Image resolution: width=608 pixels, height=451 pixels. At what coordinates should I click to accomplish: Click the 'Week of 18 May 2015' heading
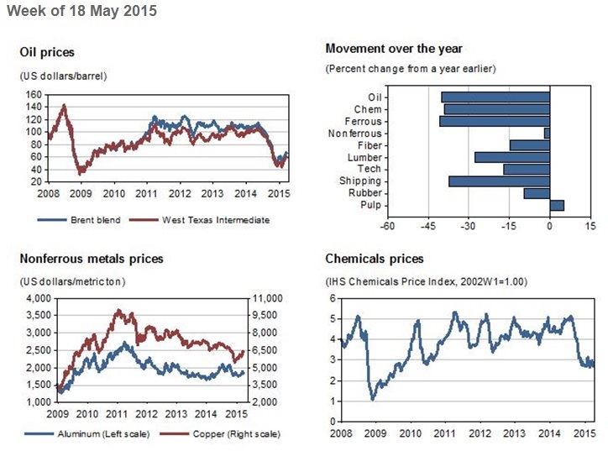point(81,12)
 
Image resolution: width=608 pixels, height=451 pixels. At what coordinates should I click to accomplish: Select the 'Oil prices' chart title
point(46,53)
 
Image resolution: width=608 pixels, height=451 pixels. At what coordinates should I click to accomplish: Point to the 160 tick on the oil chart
point(32,95)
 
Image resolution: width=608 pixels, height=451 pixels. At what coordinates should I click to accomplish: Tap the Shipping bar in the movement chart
point(499,181)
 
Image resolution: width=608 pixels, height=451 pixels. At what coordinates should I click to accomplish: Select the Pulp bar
point(556,205)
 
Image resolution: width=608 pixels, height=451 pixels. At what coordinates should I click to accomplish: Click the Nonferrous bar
point(547,133)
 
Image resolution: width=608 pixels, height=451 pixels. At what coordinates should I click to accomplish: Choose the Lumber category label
point(364,157)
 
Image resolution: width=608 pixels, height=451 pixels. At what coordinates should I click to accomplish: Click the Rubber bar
point(536,193)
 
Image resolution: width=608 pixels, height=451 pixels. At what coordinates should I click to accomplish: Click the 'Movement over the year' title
point(393,49)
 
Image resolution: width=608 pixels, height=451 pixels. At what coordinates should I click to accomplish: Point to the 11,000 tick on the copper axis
point(267,298)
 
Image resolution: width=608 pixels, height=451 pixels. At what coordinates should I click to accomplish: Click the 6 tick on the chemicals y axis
point(333,298)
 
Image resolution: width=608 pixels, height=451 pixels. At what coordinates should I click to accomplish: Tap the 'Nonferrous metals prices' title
point(91,259)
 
